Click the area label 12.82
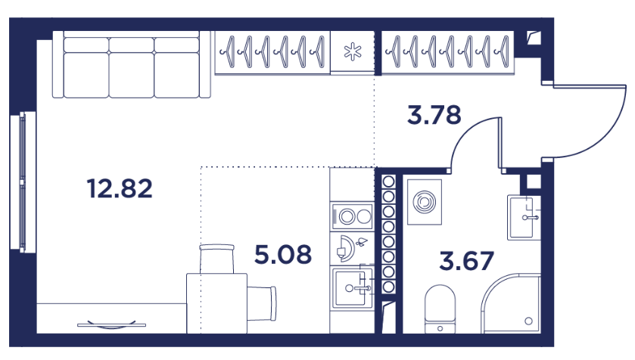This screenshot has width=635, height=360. (x=120, y=188)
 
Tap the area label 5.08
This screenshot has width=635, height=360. (x=283, y=254)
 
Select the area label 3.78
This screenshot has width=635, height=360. (x=434, y=114)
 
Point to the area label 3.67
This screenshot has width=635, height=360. (x=466, y=260)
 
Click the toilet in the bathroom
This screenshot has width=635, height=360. (x=440, y=309)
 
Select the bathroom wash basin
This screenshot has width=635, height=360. (x=524, y=217)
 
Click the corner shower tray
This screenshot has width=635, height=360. (x=511, y=303)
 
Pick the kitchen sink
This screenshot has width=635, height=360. (x=351, y=288)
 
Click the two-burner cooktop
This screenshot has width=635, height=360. (x=351, y=216)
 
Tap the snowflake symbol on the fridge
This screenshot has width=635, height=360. (x=353, y=51)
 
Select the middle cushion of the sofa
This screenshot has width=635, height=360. (x=132, y=67)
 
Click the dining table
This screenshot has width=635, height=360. (x=216, y=303)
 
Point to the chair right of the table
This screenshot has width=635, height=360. (x=262, y=303)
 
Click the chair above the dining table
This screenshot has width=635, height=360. (x=216, y=259)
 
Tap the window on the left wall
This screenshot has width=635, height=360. (x=23, y=182)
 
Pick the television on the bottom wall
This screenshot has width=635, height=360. (x=111, y=324)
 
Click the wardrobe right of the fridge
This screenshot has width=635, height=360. (x=448, y=53)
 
